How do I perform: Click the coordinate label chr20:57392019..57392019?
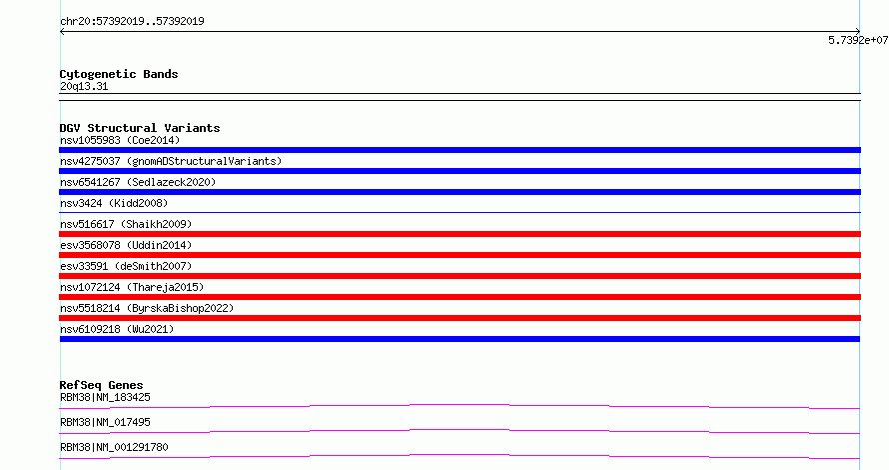coord(132,21)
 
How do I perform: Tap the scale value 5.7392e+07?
coord(858,40)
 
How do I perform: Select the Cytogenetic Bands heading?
coord(119,74)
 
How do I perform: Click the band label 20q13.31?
coord(84,86)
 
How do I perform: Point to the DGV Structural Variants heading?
coord(140,128)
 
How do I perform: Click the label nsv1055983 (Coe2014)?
coord(120,140)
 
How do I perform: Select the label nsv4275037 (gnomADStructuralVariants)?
coord(171,161)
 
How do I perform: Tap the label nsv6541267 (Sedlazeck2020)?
coord(138,182)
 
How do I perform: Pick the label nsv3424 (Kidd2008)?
coord(114,203)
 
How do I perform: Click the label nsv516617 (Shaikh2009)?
coord(126,224)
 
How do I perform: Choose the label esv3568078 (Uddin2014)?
coord(126,245)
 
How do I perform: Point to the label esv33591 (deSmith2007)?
coord(126,266)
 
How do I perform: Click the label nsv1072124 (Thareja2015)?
coord(132,287)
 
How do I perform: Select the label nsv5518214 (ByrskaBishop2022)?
coord(147,308)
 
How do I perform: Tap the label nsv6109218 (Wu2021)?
coord(117,329)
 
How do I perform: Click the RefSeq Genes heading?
coord(101,385)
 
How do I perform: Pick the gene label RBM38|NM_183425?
coord(105,397)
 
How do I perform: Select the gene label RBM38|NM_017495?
coord(105,422)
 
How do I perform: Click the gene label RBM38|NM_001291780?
coord(114,447)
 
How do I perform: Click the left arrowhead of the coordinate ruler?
coord(61,32)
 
